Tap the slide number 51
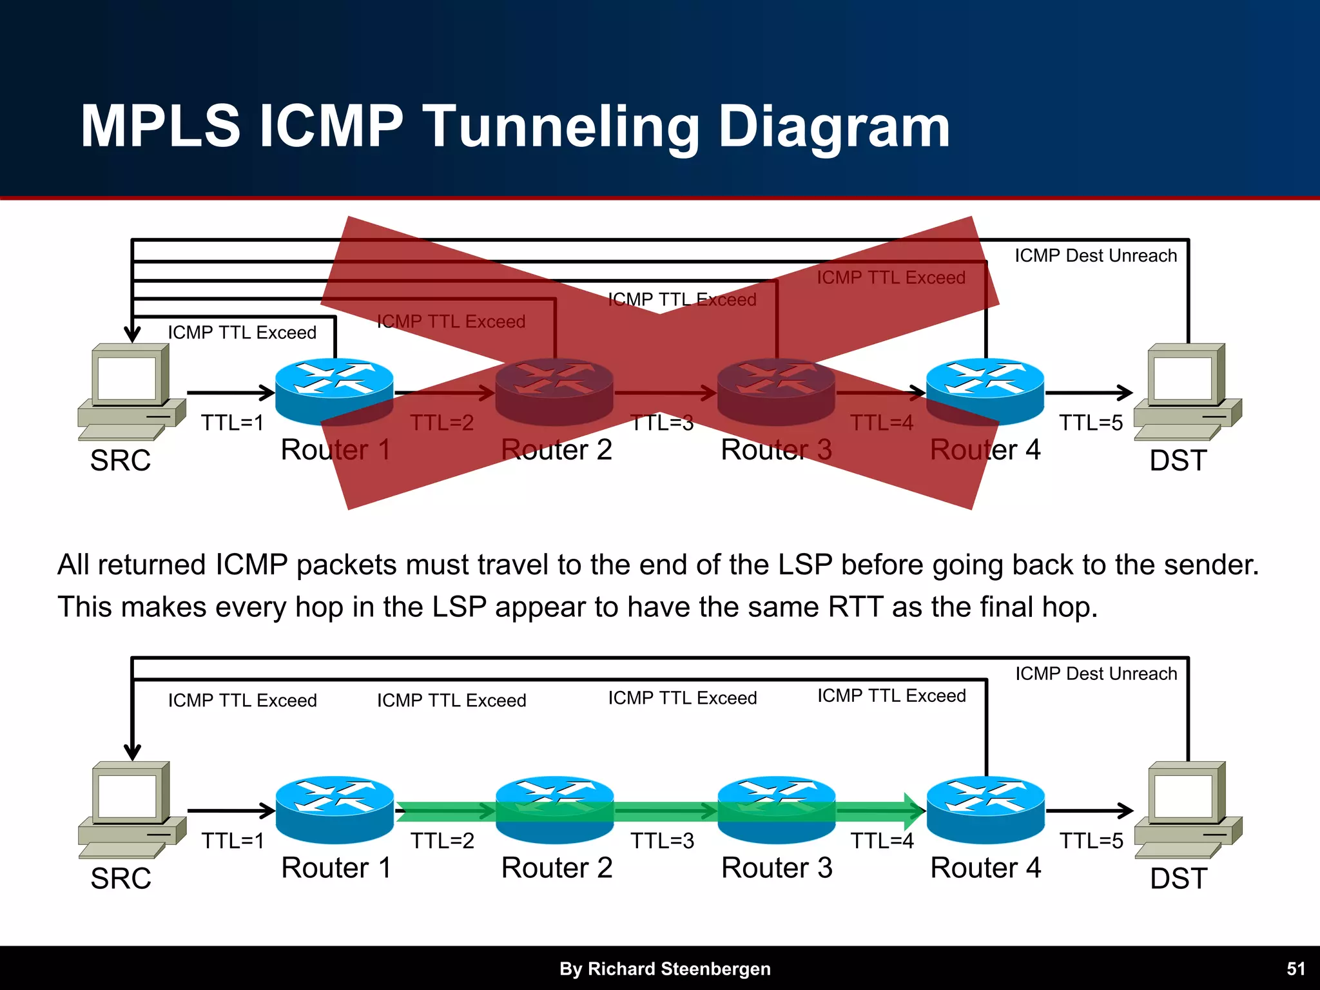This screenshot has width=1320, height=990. (1296, 969)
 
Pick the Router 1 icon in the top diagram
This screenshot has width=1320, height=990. (334, 390)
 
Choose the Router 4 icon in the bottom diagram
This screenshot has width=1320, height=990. (985, 809)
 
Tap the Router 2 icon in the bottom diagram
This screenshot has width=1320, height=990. (554, 809)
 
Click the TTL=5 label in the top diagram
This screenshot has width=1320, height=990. (1091, 423)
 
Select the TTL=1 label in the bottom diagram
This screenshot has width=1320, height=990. (233, 841)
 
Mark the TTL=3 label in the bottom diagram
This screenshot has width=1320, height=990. (662, 841)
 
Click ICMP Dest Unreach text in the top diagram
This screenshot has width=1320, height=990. (1096, 256)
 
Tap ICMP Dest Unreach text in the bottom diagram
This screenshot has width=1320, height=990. (1096, 674)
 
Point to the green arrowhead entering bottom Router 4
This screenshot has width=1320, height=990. (914, 811)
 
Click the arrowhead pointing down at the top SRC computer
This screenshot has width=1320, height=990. (132, 334)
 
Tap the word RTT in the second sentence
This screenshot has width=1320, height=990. (855, 607)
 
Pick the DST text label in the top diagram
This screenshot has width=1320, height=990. (1178, 461)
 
